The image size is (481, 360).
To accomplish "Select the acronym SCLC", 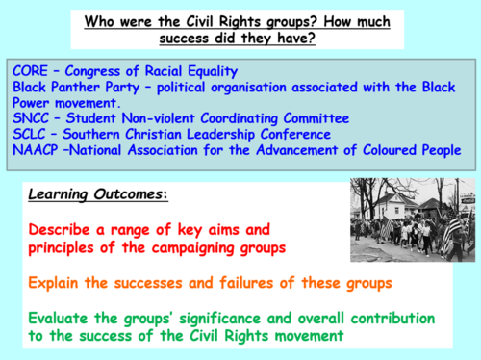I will [29, 134].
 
